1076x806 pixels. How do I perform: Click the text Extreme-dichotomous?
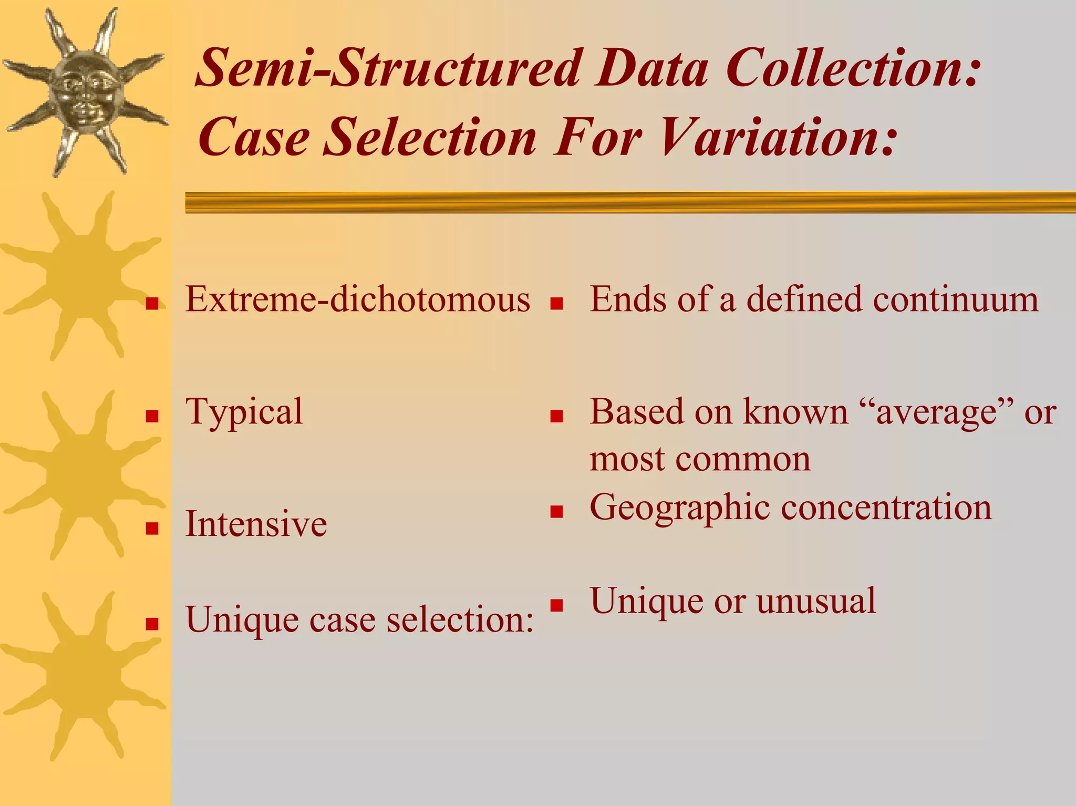click(358, 299)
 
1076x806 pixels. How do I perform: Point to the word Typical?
click(244, 413)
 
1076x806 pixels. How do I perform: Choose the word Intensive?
click(256, 524)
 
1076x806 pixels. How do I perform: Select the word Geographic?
click(680, 508)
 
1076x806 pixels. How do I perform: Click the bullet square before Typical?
click(152, 417)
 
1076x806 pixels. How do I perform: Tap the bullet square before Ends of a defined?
click(556, 304)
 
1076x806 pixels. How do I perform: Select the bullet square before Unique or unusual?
click(556, 605)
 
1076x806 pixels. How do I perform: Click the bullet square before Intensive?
click(152, 528)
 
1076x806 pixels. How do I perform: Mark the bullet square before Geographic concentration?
click(556, 512)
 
